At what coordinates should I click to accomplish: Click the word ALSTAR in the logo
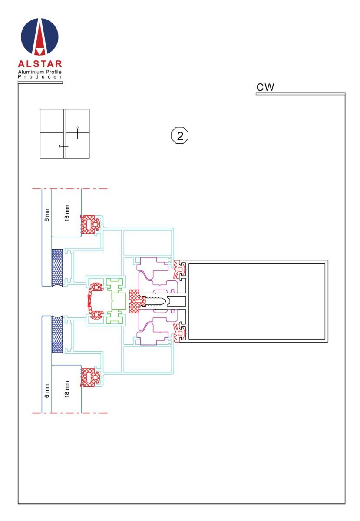pos(40,64)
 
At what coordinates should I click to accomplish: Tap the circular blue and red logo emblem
pos(40,36)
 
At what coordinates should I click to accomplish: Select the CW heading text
pos(265,87)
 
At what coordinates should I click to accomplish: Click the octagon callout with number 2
pos(180,135)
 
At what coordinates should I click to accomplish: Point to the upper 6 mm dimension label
pos(47,214)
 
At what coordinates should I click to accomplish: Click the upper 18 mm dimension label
pos(67,213)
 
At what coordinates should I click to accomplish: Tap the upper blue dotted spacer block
pos(57,267)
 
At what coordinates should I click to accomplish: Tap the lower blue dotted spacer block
pos(57,334)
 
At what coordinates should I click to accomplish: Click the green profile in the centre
pos(116,301)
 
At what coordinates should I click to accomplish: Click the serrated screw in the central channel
pos(155,301)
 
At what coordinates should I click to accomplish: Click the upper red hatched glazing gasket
pos(90,225)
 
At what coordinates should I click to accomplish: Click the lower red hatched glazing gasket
pos(90,377)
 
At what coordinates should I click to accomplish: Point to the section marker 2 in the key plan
pos(77,133)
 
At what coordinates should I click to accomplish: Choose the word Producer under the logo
pos(40,77)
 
